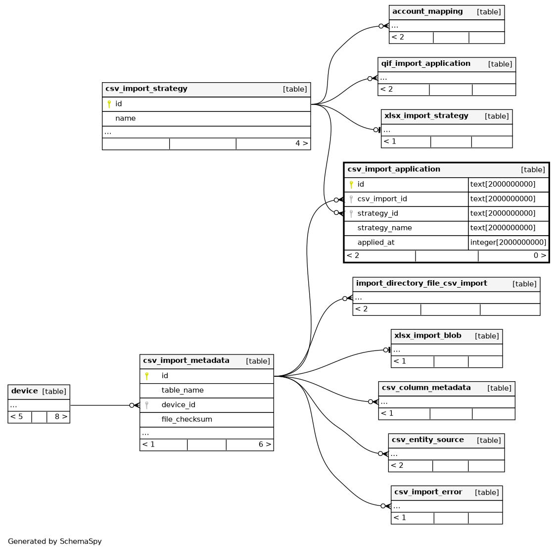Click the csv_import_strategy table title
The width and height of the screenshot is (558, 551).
click(x=146, y=89)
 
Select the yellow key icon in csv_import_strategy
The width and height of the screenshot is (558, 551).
click(x=109, y=104)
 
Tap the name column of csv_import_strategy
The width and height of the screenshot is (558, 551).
click(x=125, y=118)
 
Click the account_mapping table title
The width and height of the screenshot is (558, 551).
click(x=427, y=11)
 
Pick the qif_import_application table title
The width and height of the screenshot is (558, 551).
click(x=425, y=63)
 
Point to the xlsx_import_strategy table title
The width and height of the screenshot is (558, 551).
click(x=426, y=116)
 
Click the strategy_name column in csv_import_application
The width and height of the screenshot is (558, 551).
click(x=385, y=228)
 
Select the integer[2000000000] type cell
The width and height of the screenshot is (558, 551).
click(x=508, y=243)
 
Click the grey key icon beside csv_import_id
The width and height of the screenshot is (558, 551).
click(x=351, y=199)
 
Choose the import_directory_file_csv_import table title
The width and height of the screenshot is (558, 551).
click(x=421, y=283)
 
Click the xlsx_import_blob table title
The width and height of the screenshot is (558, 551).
click(x=428, y=336)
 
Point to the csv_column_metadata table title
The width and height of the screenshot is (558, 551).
click(x=426, y=388)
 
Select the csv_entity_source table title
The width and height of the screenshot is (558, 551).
click(x=428, y=440)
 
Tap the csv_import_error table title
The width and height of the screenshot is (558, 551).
click(x=428, y=492)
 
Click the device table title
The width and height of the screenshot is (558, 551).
click(x=24, y=391)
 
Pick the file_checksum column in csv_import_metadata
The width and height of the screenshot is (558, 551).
click(x=187, y=420)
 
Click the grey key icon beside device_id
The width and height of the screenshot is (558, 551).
click(x=146, y=405)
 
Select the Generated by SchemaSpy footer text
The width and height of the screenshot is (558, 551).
click(x=55, y=542)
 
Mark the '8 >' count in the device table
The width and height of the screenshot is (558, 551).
click(x=61, y=417)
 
